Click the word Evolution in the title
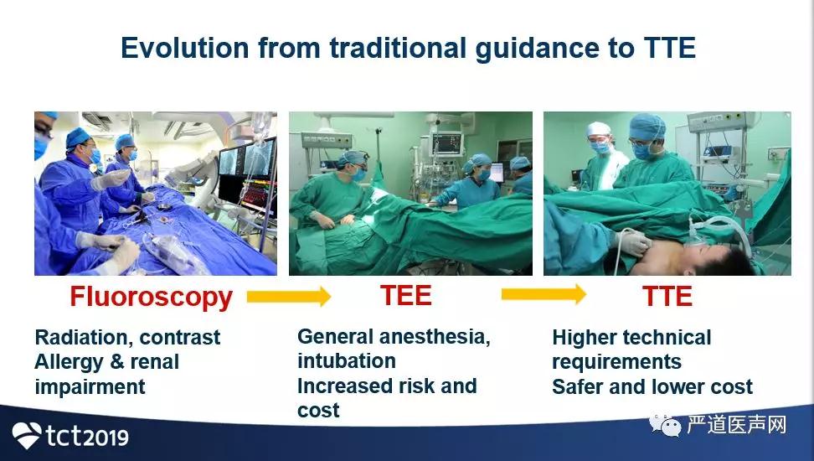click(185, 48)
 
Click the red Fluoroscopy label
click(151, 298)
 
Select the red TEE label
click(406, 295)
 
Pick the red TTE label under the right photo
click(667, 296)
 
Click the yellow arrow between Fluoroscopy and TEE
click(289, 296)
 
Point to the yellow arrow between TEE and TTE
click(544, 294)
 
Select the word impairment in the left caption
click(90, 387)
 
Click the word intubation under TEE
click(347, 360)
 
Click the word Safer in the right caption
click(578, 387)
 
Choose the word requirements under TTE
click(616, 362)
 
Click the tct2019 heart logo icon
click(27, 435)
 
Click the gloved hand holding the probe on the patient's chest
click(633, 241)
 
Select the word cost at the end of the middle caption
click(318, 411)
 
